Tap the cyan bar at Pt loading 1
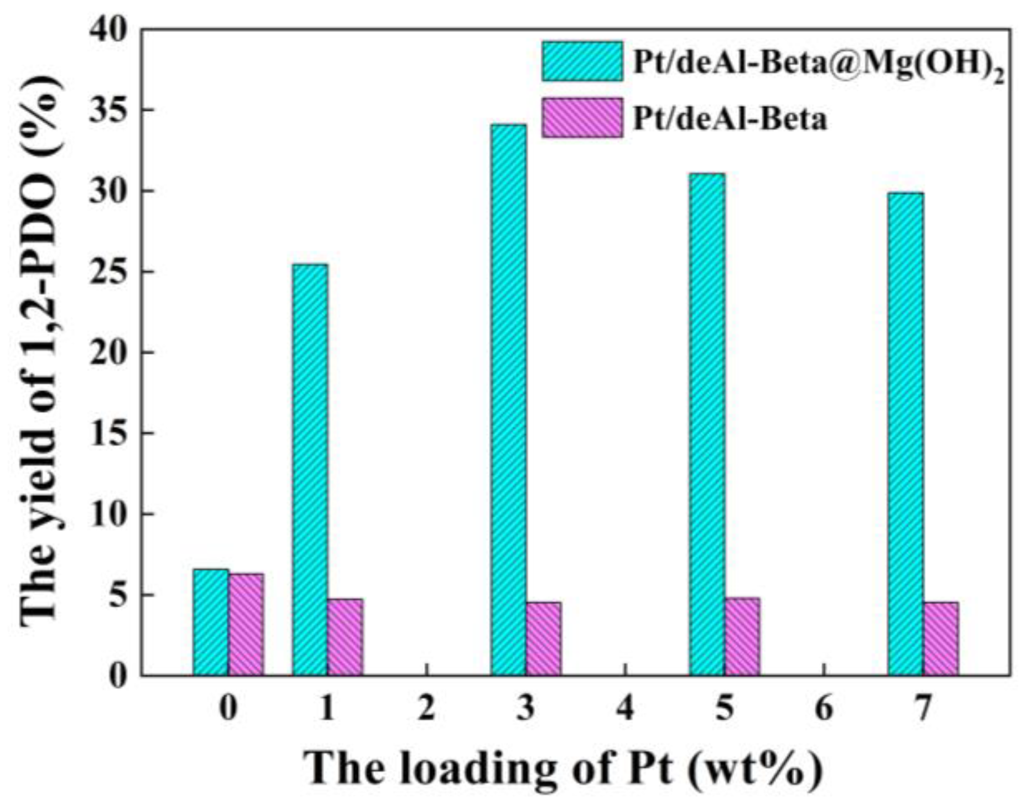pos(310,470)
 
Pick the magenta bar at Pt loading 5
pos(742,636)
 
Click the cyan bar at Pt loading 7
pos(905,434)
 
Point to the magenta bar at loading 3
pos(543,639)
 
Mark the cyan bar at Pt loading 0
pos(211,622)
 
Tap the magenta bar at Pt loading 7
pos(940,639)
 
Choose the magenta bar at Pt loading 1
pos(345,637)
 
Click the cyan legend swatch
pos(582,61)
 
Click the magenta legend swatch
pos(582,117)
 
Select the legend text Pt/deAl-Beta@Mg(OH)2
pos(817,65)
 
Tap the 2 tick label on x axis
pos(426,708)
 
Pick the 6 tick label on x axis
pos(824,708)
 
